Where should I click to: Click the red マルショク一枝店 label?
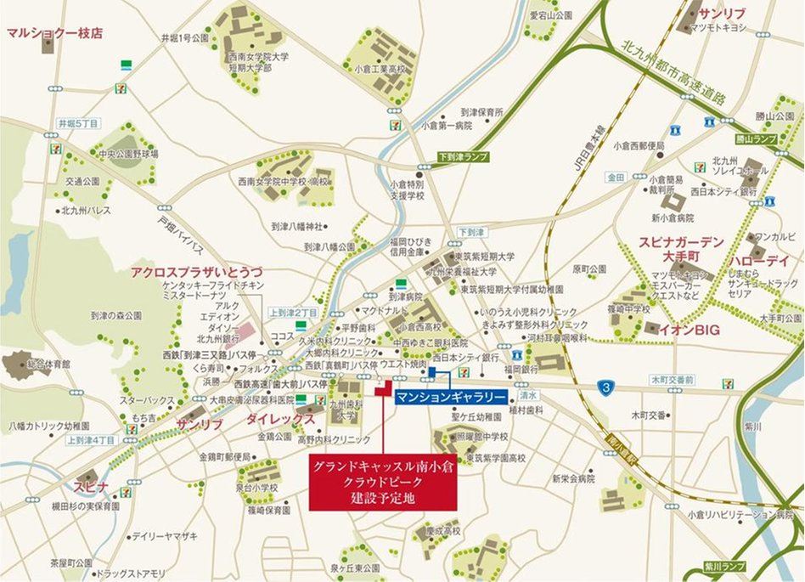54,33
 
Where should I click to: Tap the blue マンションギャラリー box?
451,397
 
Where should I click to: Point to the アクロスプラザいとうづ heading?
196,272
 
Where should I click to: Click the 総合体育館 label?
46,364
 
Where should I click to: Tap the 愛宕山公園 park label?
550,15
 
